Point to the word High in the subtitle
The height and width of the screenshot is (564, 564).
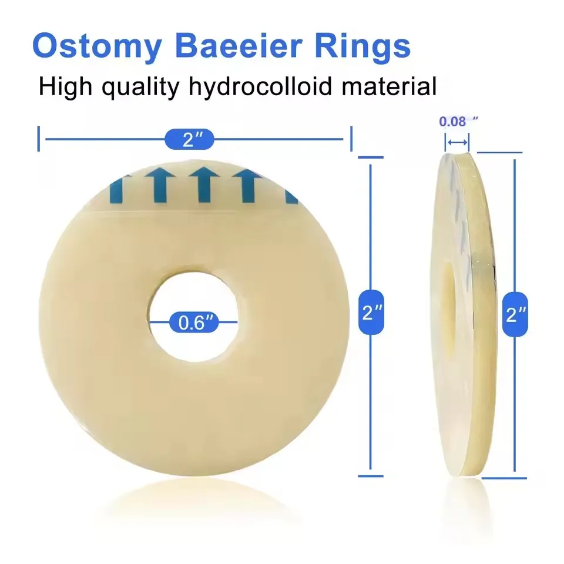(x=65, y=88)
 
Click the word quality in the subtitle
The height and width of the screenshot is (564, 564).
(x=140, y=88)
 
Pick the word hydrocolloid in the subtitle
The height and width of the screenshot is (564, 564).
(x=260, y=88)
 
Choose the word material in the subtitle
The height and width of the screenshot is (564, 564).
(x=389, y=86)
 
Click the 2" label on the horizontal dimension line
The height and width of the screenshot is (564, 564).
(x=189, y=139)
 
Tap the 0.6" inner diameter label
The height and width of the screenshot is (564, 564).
(x=194, y=322)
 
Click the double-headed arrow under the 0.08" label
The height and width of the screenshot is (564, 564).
(x=457, y=142)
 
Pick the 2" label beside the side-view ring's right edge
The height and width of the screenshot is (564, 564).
(x=515, y=314)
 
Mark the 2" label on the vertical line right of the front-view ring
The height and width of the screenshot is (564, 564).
(x=371, y=312)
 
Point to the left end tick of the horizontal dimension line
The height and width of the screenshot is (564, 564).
(x=39, y=139)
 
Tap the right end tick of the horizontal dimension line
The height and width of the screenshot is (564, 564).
(x=351, y=139)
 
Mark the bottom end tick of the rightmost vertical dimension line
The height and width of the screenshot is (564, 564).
(x=504, y=478)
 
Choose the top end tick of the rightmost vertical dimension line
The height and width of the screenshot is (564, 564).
(x=499, y=153)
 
